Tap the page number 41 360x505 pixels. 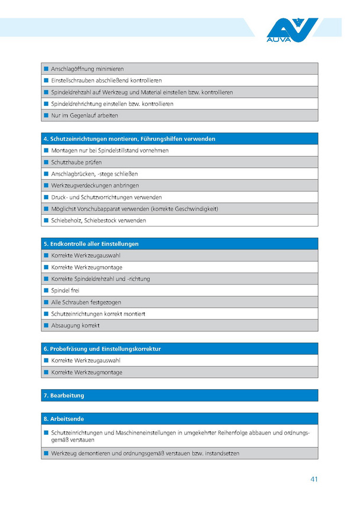pyautogui.click(x=314, y=479)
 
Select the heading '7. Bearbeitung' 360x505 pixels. pyautogui.click(x=64, y=395)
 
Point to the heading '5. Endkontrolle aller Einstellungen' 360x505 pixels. pyautogui.click(x=91, y=244)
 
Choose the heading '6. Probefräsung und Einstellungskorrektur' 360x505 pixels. pyautogui.click(x=102, y=349)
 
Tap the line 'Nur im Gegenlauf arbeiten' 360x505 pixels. pyautogui.click(x=85, y=115)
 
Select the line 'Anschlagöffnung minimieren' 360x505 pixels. pyautogui.click(x=87, y=69)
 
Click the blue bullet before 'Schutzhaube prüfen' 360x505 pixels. pyautogui.click(x=46, y=162)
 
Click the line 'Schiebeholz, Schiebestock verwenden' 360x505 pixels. pyautogui.click(x=99, y=221)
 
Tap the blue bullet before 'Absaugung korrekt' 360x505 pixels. pyautogui.click(x=46, y=325)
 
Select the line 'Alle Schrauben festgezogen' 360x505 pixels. pyautogui.click(x=85, y=302)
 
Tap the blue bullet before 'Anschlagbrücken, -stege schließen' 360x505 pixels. pyautogui.click(x=46, y=174)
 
